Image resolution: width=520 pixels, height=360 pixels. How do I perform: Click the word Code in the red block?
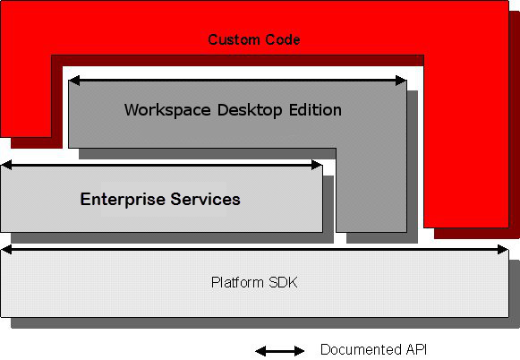point(283,39)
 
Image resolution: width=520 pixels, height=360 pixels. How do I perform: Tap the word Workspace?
point(167,110)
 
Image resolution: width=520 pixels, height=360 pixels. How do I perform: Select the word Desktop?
point(250,110)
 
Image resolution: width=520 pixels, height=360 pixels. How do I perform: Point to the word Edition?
point(315,110)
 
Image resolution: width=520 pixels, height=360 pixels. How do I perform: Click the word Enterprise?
point(123,200)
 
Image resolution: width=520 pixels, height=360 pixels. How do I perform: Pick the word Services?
point(205,199)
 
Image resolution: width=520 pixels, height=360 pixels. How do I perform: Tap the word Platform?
point(237,282)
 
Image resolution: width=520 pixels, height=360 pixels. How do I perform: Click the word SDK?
point(283,282)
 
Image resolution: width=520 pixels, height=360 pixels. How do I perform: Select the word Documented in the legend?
point(359,349)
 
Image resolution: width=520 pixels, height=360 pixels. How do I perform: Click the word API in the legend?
point(414,349)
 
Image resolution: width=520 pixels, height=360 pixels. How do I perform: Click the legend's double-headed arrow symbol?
point(279,351)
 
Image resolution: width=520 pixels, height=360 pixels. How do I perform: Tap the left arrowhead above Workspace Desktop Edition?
point(74,81)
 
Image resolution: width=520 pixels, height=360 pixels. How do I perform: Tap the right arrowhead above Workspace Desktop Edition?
point(401,81)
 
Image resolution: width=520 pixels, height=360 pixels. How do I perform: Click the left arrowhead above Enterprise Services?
point(6,165)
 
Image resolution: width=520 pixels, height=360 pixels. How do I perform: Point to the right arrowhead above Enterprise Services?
point(317,165)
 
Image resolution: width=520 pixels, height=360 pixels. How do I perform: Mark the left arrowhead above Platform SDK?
point(6,250)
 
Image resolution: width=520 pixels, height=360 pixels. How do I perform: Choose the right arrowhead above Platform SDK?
point(503,250)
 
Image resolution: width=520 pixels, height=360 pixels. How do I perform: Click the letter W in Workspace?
point(132,110)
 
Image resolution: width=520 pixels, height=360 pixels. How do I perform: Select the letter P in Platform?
point(215,282)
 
